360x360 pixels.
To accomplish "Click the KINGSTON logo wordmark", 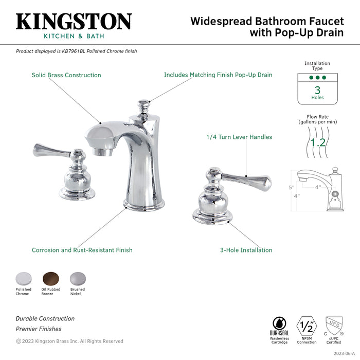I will (74, 22).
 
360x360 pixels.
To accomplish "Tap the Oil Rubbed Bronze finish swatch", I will (51, 278).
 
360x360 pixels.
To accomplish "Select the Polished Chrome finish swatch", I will (23, 278).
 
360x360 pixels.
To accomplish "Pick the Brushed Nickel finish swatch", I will (77, 278).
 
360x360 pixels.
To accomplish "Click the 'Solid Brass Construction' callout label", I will (66, 75).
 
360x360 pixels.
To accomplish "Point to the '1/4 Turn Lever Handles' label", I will (239, 137).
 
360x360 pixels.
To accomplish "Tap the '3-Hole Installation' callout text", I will (246, 250).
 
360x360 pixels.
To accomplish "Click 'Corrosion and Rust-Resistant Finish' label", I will (82, 250).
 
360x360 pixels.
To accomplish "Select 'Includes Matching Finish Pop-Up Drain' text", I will (218, 75).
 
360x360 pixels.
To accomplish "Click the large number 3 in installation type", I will (317, 89).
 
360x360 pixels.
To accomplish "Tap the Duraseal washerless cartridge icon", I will (279, 326).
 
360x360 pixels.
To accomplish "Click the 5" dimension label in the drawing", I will (291, 187).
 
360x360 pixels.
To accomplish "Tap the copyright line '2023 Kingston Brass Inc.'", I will (69, 341).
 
